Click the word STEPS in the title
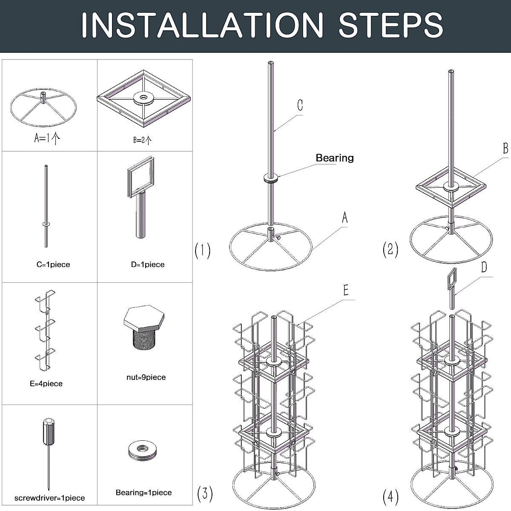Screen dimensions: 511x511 click(x=390, y=25)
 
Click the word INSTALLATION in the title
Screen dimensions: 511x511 click(x=202, y=25)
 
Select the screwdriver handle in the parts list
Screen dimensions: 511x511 click(x=49, y=431)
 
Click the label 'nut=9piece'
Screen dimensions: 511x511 click(x=146, y=377)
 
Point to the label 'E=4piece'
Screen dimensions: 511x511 click(x=46, y=384)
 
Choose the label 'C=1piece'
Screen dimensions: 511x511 click(x=53, y=264)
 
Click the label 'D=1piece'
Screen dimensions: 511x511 click(x=148, y=264)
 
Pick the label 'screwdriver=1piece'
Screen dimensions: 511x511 click(x=49, y=498)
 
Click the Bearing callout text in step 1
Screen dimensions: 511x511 click(x=335, y=158)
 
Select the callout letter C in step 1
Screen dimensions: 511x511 click(x=300, y=105)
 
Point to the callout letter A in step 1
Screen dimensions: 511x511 click(x=344, y=218)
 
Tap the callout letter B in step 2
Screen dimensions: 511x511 click(x=506, y=148)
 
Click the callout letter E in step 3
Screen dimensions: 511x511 click(x=346, y=290)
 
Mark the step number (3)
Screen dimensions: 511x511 click(x=205, y=494)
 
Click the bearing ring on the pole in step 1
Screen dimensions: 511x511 click(x=271, y=178)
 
